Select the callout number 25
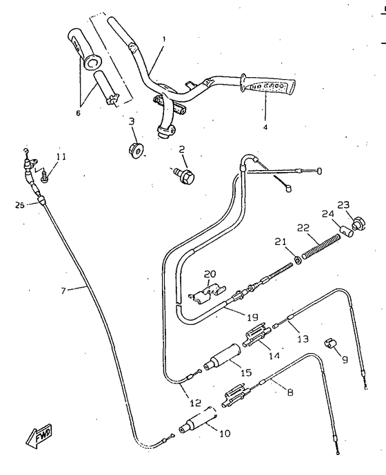(19, 204)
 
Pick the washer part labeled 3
(135, 149)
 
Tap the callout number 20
(210, 273)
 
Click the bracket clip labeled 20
(207, 295)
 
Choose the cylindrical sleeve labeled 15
(224, 360)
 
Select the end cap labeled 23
(357, 224)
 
